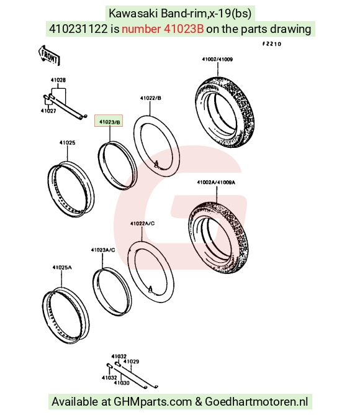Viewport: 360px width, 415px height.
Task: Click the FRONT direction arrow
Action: [x=49, y=55]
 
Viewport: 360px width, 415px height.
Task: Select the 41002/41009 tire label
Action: [x=217, y=59]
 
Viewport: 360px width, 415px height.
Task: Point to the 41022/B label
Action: [x=150, y=98]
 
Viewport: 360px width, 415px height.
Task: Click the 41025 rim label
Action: [x=67, y=143]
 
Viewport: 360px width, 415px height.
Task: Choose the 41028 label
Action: [x=58, y=80]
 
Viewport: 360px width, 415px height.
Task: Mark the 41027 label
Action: [x=48, y=111]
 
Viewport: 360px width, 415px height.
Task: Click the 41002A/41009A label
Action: [x=216, y=183]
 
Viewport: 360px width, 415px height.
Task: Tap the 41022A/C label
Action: [x=142, y=224]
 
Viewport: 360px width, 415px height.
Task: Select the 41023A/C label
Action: [x=103, y=250]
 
